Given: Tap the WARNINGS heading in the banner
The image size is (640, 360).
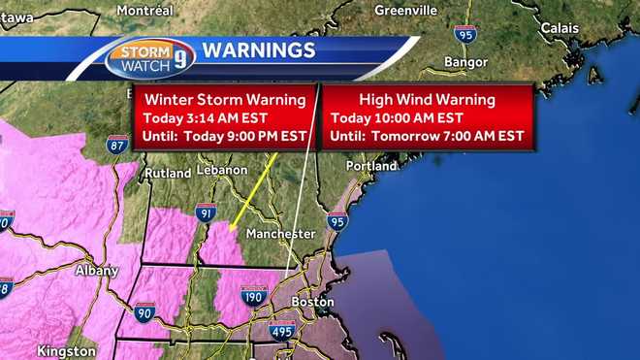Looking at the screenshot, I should click(258, 49).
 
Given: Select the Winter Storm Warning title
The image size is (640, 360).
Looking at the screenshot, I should click(226, 100).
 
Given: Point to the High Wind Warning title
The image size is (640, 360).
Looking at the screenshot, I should click(428, 100).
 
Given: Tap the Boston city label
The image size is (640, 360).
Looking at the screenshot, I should click(312, 302).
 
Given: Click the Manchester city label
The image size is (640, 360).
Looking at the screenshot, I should click(280, 234).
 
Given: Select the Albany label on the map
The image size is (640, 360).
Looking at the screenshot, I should click(97, 271).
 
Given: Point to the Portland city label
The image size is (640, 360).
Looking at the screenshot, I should click(372, 167).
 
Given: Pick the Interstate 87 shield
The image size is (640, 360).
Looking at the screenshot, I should click(119, 146).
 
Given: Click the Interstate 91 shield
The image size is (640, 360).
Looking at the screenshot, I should click(205, 213).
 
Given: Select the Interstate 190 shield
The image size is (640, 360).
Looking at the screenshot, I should click(254, 296).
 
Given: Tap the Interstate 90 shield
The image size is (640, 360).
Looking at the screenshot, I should click(144, 311).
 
